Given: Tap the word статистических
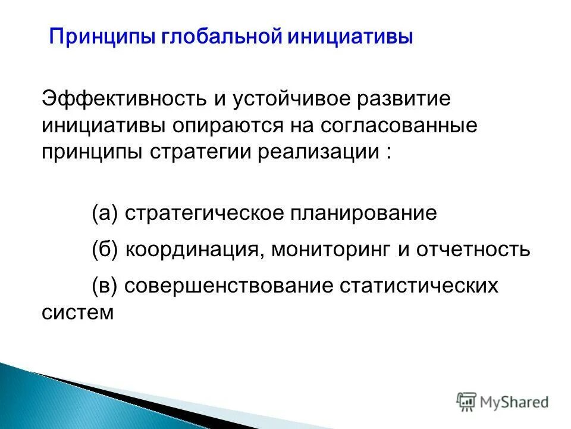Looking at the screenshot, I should pyautogui.click(x=419, y=285).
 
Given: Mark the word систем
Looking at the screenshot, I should pyautogui.click(x=77, y=312).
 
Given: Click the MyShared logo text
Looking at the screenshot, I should pyautogui.click(x=514, y=402).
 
